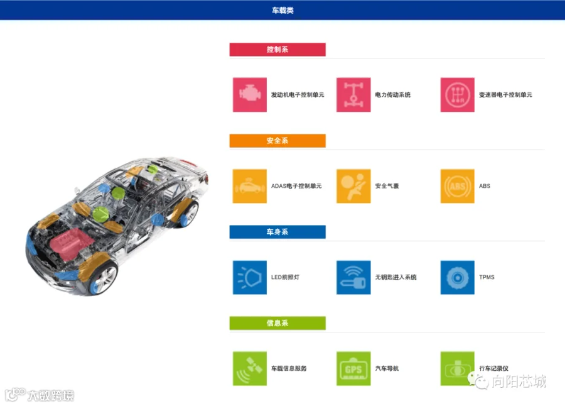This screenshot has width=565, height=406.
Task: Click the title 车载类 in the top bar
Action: click(282, 10)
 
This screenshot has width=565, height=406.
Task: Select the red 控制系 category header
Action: click(277, 50)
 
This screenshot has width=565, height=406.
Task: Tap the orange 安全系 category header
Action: click(277, 141)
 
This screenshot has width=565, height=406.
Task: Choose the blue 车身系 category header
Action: click(277, 232)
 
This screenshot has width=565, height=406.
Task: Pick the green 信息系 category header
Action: click(277, 323)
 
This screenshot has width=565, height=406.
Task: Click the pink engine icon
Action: click(250, 94)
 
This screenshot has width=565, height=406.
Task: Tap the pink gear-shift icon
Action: click(457, 94)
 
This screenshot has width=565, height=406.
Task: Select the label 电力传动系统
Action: click(393, 94)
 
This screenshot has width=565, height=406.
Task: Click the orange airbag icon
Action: click(353, 186)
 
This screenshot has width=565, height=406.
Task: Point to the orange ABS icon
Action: click(457, 186)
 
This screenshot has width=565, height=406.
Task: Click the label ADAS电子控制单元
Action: click(296, 186)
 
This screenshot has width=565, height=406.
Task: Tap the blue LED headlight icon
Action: click(250, 278)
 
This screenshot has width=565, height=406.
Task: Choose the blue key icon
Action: click(353, 278)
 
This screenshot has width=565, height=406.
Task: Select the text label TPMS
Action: click(487, 277)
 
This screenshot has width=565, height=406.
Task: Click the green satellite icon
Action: click(250, 368)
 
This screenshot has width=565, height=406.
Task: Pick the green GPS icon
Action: click(353, 368)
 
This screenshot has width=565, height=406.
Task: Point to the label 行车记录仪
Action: click(493, 368)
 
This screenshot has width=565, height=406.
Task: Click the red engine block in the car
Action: click(70, 243)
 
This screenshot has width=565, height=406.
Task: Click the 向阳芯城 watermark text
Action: click(519, 381)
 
